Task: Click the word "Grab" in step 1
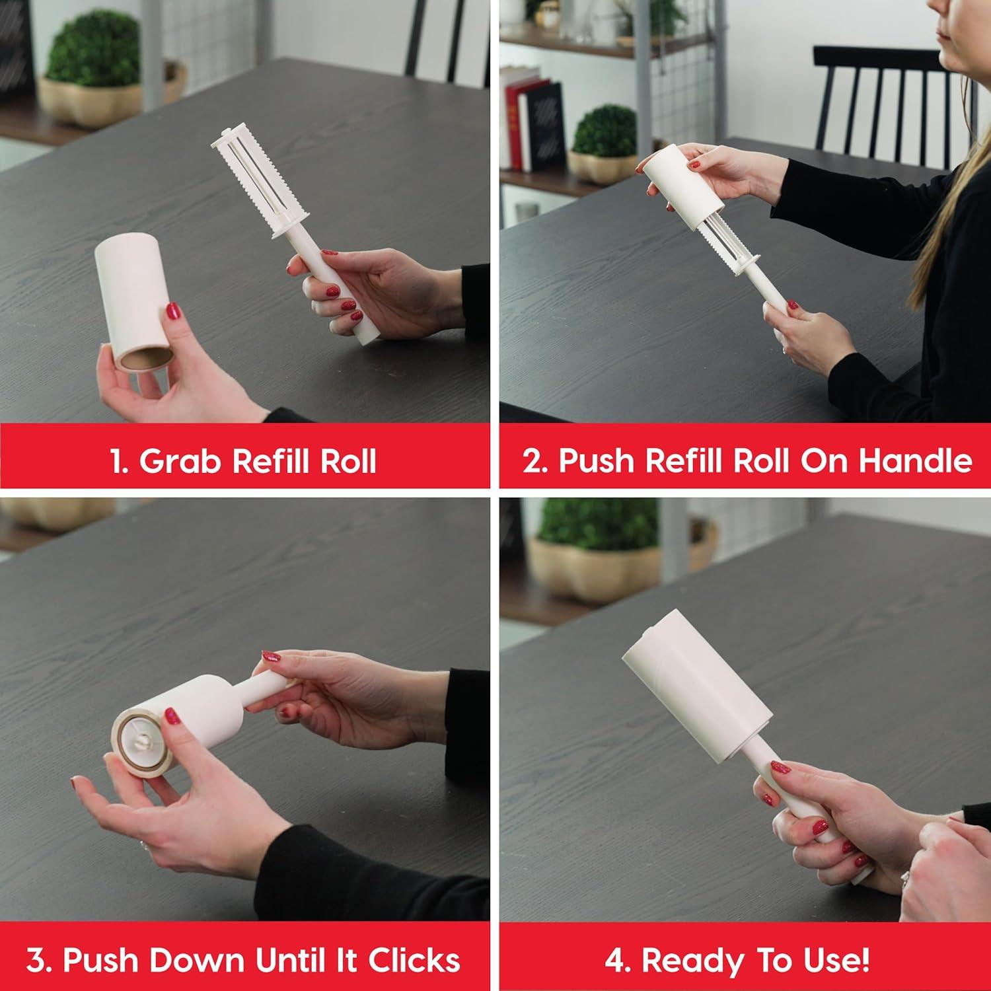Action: (180, 460)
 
